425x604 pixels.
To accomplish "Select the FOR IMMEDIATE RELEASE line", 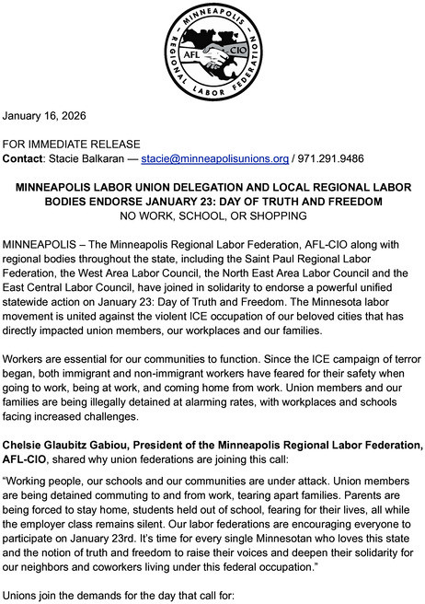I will (72, 144).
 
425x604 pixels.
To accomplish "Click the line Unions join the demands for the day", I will (120, 595).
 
